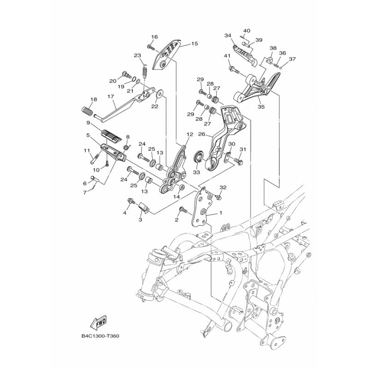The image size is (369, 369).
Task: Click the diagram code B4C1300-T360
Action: (100, 336)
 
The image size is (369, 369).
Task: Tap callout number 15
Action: (194, 43)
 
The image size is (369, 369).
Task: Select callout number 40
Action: (247, 31)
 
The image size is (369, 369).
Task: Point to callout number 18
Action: (94, 99)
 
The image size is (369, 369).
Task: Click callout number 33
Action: (196, 172)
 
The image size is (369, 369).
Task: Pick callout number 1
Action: (220, 213)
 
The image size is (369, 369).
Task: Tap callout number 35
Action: (261, 107)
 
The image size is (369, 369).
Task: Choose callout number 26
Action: (202, 134)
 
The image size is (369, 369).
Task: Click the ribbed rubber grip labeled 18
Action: (87, 111)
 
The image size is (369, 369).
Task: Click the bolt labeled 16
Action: (151, 48)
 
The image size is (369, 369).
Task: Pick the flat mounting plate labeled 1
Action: (202, 208)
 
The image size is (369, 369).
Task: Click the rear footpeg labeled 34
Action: (244, 54)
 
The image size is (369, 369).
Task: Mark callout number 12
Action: (190, 134)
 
